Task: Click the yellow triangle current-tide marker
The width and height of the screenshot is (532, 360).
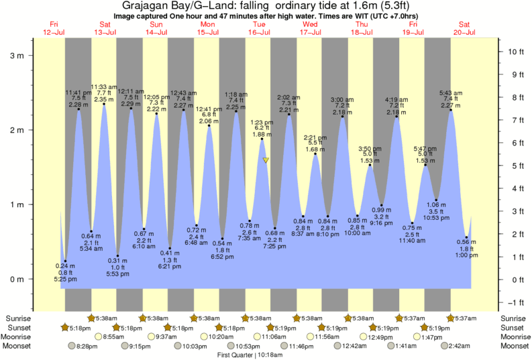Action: (266, 160)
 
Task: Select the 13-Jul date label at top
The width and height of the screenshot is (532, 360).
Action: (105, 32)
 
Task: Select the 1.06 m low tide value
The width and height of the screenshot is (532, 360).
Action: (436, 204)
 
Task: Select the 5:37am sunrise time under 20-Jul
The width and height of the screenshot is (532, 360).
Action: (464, 318)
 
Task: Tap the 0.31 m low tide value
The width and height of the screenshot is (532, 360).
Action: (117, 261)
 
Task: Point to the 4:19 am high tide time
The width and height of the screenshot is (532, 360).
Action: (396, 100)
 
